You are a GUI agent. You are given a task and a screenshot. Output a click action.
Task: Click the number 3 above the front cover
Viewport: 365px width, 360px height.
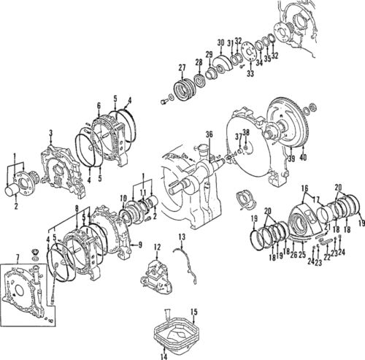(x=50, y=132)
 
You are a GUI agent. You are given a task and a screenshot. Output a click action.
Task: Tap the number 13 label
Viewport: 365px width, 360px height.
(x=182, y=237)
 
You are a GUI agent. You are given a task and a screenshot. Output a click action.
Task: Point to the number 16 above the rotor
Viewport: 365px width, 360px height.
(x=304, y=188)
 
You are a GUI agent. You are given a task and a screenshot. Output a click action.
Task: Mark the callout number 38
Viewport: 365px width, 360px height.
(x=245, y=133)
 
